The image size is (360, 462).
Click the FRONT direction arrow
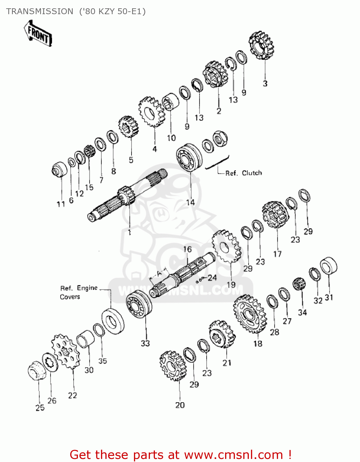pyautogui.click(x=38, y=33)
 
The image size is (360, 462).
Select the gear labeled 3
pyautogui.click(x=261, y=45)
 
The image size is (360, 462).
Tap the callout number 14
pyautogui.click(x=190, y=202)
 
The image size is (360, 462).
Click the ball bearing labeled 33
pyautogui.click(x=139, y=304)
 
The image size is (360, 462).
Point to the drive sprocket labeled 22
pyautogui.click(x=65, y=351)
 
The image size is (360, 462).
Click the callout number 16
pyautogui.click(x=187, y=249)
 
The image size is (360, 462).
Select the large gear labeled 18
pyautogui.click(x=250, y=314)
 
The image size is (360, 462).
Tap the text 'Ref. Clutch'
pyautogui.click(x=243, y=173)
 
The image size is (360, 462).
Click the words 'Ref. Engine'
pyautogui.click(x=79, y=288)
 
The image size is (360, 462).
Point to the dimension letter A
pyautogui.click(x=159, y=274)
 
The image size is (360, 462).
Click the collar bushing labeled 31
pyautogui.click(x=329, y=265)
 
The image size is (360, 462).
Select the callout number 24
pyautogui.click(x=212, y=278)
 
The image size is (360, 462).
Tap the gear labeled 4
pyautogui.click(x=151, y=112)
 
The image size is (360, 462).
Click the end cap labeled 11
pyautogui.click(x=59, y=169)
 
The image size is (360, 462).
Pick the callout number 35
pyautogui.click(x=103, y=361)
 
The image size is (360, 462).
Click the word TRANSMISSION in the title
pyautogui.click(x=40, y=11)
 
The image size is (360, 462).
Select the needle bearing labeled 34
pyautogui.click(x=298, y=284)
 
